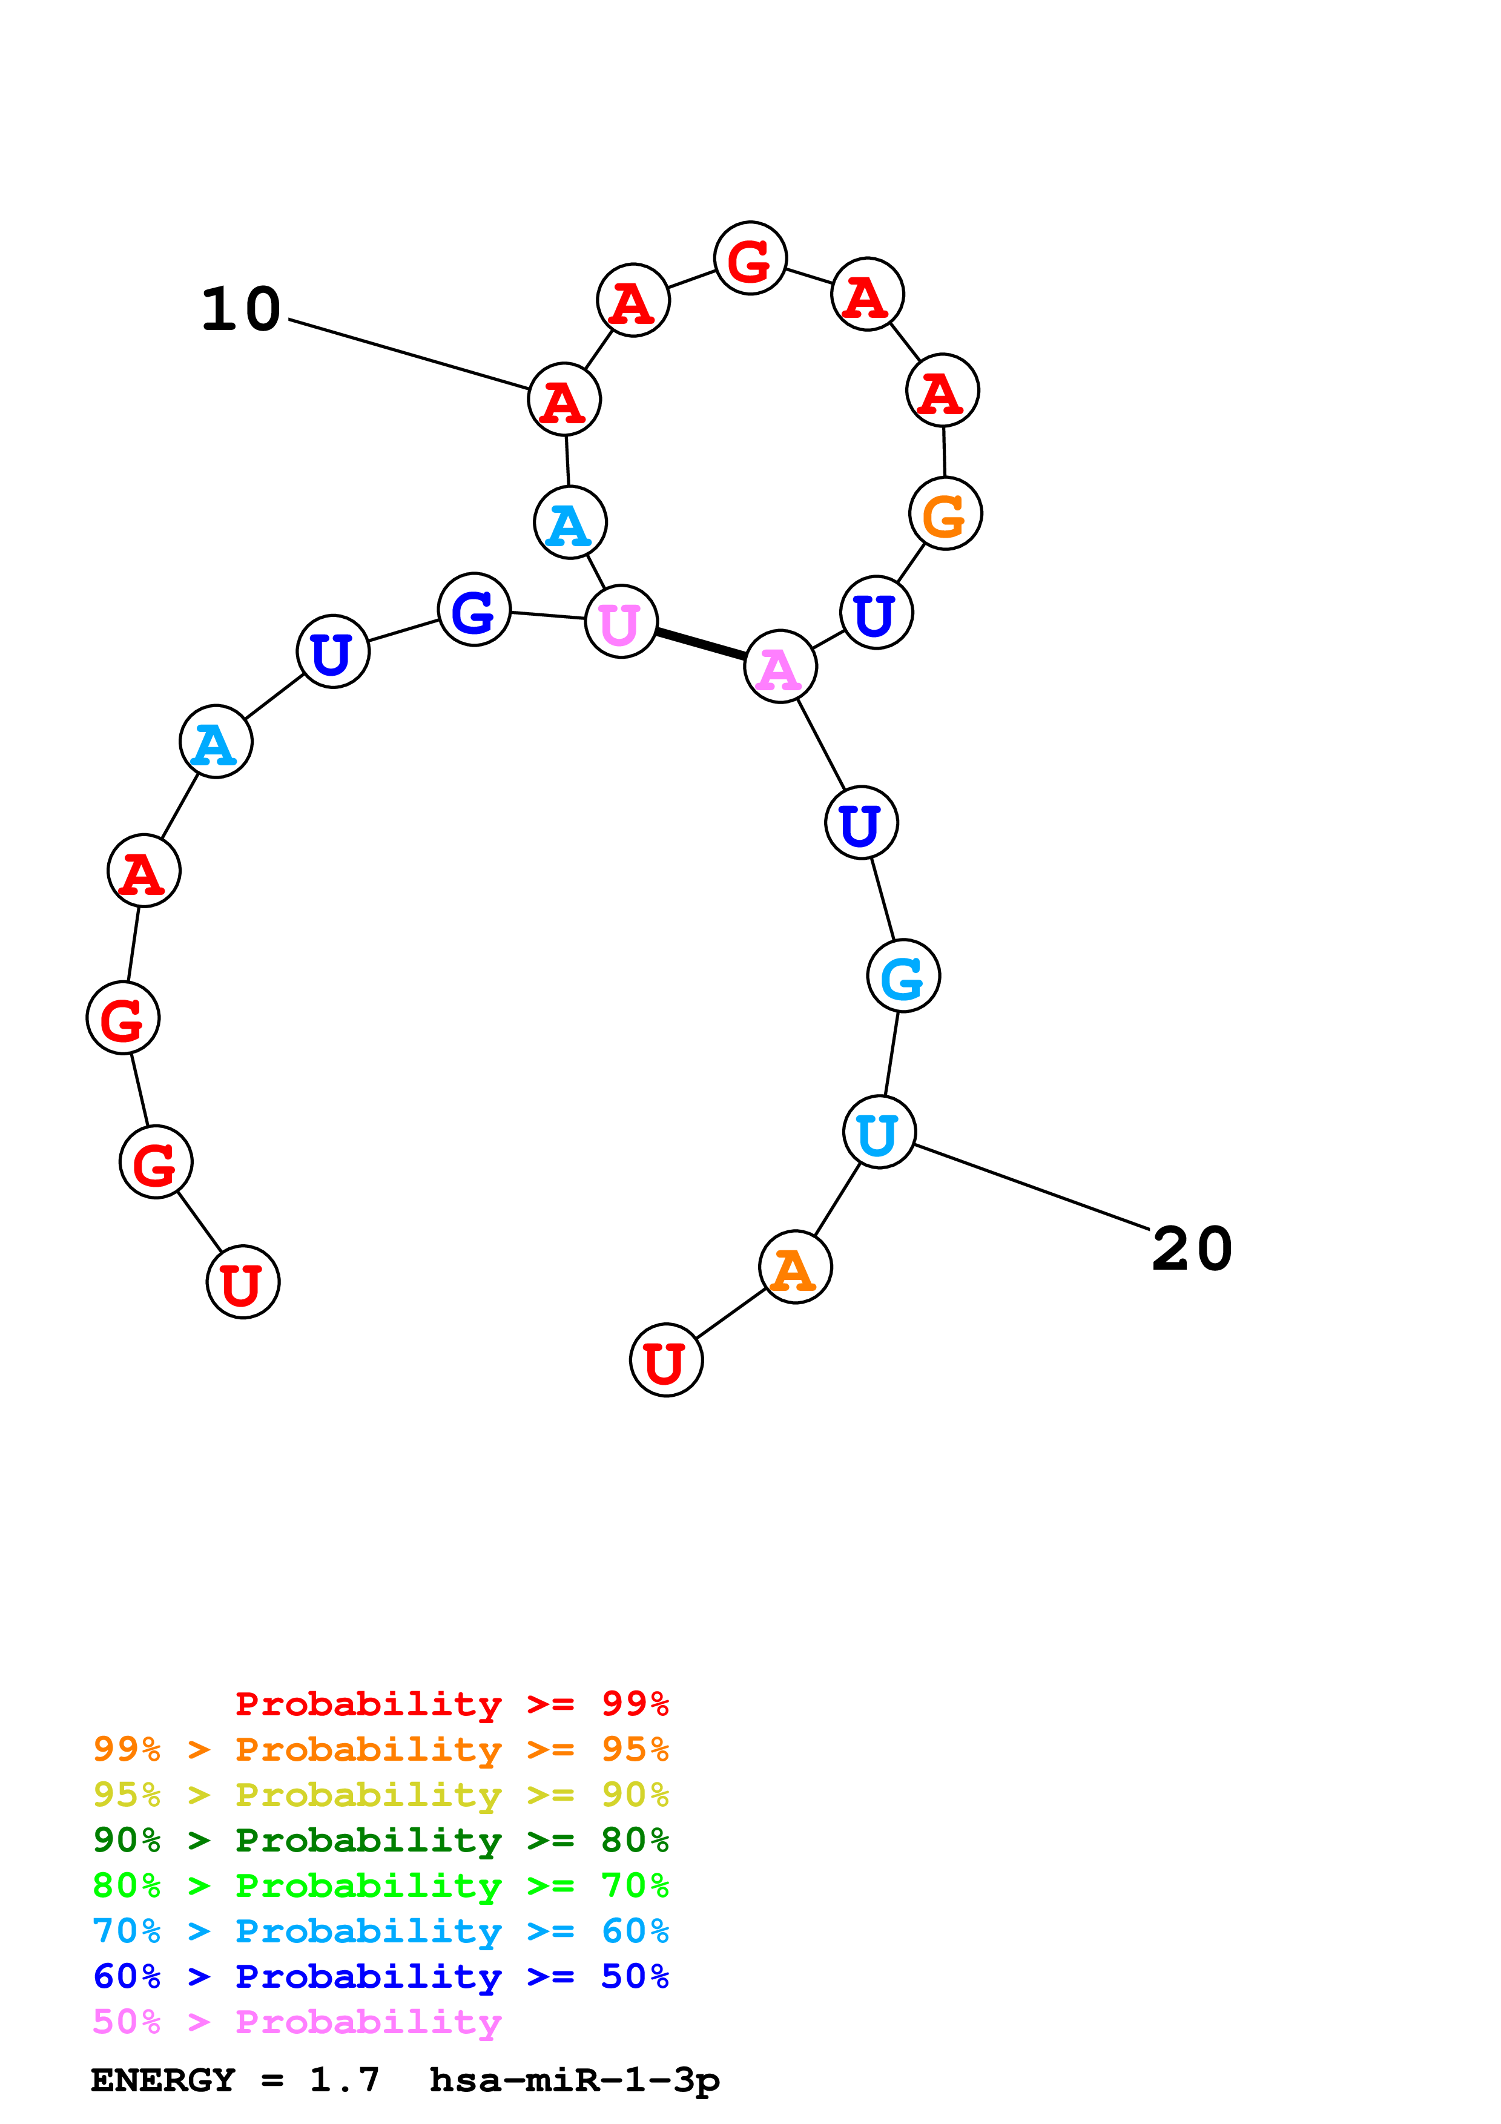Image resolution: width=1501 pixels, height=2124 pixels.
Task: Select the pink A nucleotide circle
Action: coord(780,666)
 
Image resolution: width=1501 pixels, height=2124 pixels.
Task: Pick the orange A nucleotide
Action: coord(794,1267)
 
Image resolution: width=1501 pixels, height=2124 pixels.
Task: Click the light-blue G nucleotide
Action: coord(903,976)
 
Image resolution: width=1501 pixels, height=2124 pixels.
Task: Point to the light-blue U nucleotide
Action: coord(879,1132)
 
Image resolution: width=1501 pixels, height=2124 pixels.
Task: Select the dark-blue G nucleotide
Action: coord(473,610)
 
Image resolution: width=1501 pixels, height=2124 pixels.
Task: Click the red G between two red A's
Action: coord(750,258)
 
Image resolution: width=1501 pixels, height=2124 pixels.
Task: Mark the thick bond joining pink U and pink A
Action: coord(700,644)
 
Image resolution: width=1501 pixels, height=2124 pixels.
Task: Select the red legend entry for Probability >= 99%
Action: coord(451,1703)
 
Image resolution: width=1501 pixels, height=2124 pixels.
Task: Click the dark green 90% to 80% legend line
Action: coord(380,1840)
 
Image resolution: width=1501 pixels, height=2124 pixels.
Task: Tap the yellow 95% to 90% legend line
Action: coord(380,1795)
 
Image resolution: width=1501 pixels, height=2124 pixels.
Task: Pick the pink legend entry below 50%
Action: coord(297,2022)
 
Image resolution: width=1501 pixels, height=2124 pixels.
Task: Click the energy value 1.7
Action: coord(344,2080)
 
